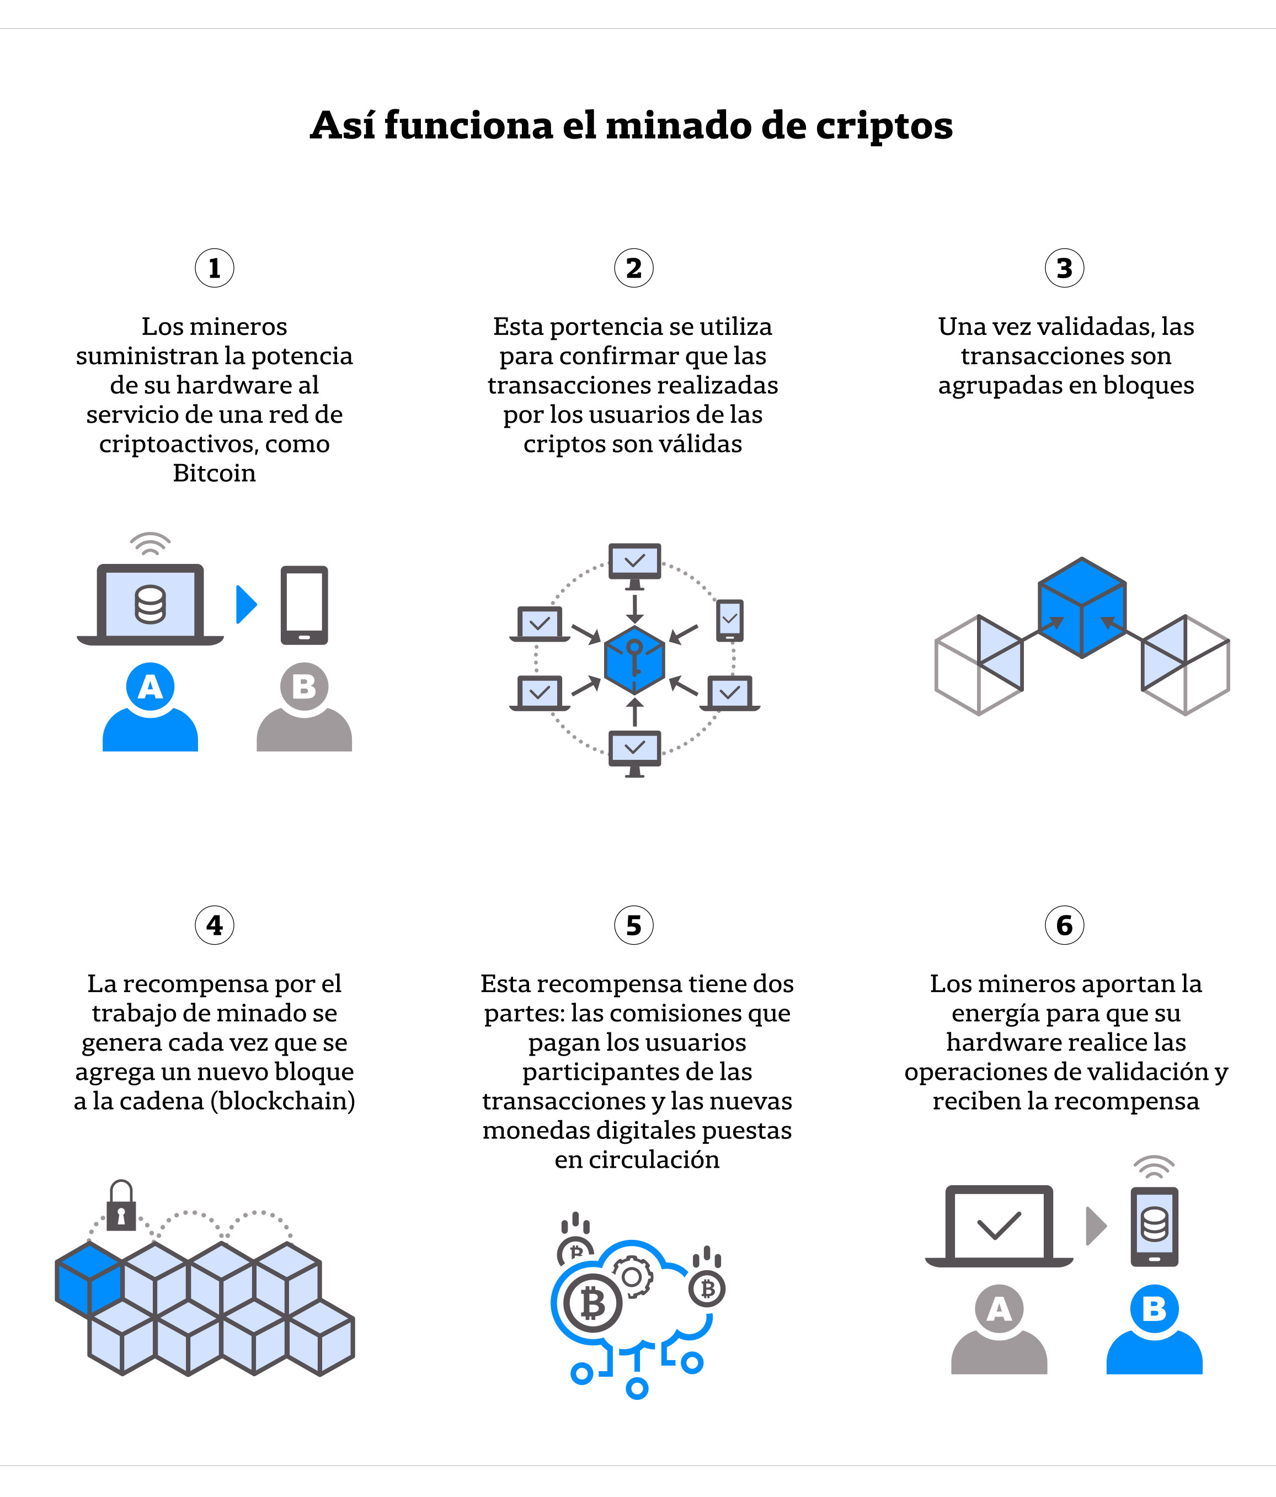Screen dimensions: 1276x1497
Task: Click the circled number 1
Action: click(215, 268)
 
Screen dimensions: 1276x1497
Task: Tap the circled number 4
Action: click(215, 925)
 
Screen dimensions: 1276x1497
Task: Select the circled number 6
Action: click(1064, 925)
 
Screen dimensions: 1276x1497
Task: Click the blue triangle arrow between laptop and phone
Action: click(246, 604)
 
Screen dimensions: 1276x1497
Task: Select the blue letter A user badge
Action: click(150, 686)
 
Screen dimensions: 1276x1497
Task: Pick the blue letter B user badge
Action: click(1154, 1308)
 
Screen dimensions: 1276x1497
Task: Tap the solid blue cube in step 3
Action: click(1082, 608)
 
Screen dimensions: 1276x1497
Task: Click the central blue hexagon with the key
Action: click(634, 659)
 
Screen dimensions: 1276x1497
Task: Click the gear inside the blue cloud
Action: click(632, 1277)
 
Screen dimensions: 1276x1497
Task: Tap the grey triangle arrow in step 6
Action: click(1096, 1226)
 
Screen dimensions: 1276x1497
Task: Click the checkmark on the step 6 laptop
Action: click(999, 1224)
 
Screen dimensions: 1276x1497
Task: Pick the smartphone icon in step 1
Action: click(304, 605)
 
